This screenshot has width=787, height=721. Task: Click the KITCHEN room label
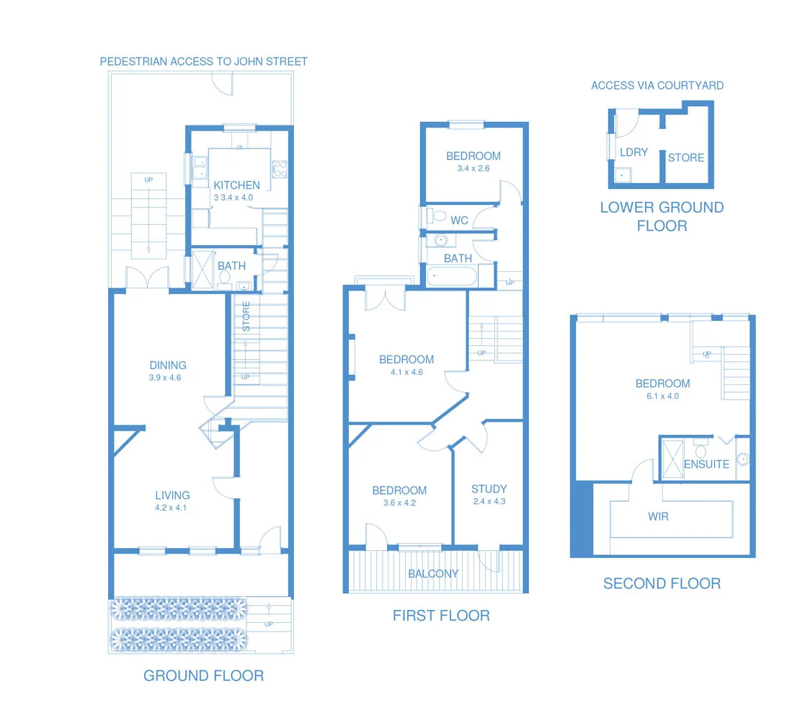(x=236, y=185)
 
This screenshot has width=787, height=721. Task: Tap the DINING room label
(x=168, y=365)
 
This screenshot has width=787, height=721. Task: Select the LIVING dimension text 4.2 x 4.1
(x=172, y=508)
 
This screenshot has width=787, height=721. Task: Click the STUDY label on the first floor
(x=489, y=488)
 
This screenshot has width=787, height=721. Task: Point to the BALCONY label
(x=433, y=574)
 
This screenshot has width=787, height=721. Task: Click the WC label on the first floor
(x=459, y=220)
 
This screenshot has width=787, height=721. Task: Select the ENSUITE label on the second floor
(x=706, y=464)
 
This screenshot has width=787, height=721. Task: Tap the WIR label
(x=658, y=516)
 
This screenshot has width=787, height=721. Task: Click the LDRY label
(x=633, y=152)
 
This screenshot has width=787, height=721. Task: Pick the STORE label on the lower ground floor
(x=685, y=157)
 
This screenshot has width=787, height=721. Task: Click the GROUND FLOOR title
(x=203, y=676)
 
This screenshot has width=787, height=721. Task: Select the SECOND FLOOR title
(x=662, y=583)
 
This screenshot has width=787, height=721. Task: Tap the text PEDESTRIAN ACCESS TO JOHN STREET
(x=203, y=61)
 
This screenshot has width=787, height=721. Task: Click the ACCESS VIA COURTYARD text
(x=657, y=85)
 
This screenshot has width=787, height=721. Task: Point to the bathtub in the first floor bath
(x=451, y=276)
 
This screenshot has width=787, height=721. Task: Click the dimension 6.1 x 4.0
(x=662, y=396)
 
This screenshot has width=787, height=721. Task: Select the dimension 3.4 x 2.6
(x=473, y=168)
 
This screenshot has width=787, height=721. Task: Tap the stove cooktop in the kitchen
(x=279, y=169)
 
